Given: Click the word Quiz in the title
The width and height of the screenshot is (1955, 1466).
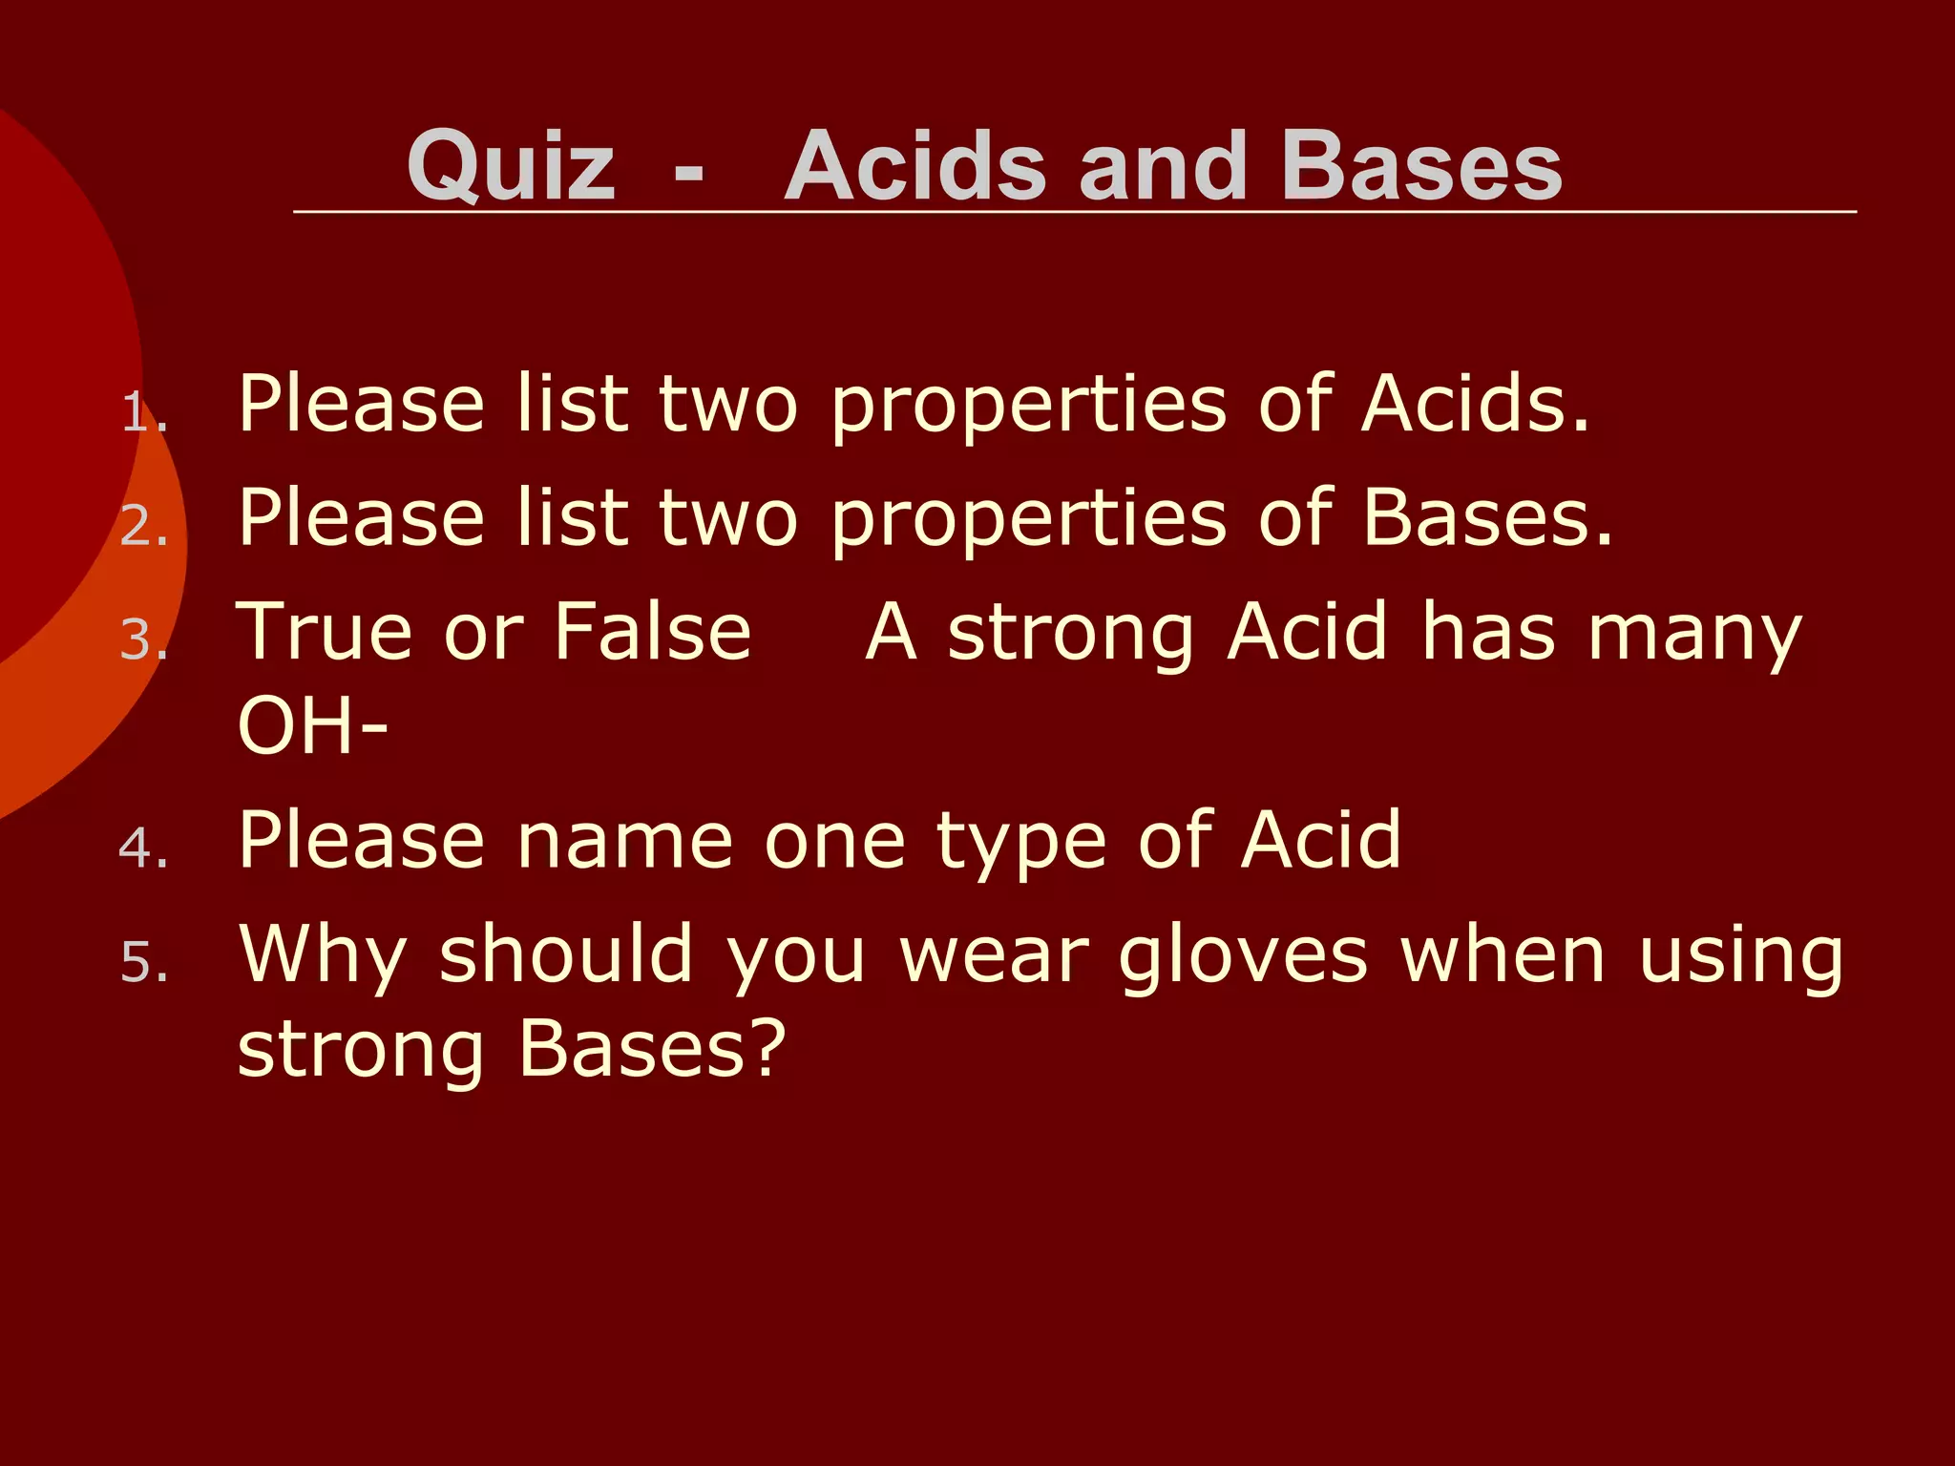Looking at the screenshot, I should point(512,168).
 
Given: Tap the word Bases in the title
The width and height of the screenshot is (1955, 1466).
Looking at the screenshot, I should point(1421,166).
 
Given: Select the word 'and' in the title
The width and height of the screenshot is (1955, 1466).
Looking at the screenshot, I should point(1163,166).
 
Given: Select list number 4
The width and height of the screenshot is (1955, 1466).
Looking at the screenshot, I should point(144,848).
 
